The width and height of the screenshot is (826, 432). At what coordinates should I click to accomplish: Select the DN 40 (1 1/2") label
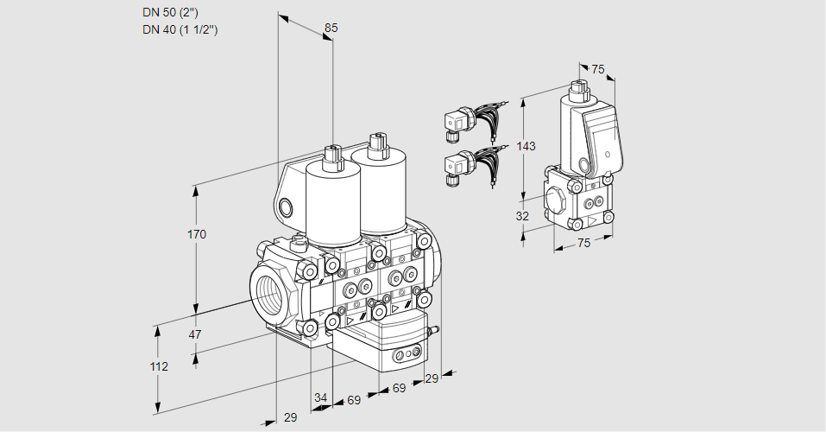[180, 29]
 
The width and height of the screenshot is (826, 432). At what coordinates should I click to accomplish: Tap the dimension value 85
[331, 28]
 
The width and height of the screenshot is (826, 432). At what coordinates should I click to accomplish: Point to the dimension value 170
[197, 234]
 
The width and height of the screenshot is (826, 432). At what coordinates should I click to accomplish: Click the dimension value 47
[195, 334]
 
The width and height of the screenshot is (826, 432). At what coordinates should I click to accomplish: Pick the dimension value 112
[158, 366]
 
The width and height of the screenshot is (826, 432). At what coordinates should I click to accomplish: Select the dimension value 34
[321, 397]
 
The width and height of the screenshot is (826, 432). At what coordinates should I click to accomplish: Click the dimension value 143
[526, 146]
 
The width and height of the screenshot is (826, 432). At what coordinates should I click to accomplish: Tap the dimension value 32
[522, 216]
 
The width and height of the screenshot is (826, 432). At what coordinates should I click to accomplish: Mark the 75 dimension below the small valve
[583, 244]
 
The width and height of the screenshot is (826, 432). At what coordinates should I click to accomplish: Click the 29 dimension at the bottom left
[290, 417]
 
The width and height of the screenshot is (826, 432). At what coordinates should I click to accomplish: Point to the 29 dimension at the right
[432, 378]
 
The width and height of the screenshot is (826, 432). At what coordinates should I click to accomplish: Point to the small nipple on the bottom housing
[433, 329]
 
